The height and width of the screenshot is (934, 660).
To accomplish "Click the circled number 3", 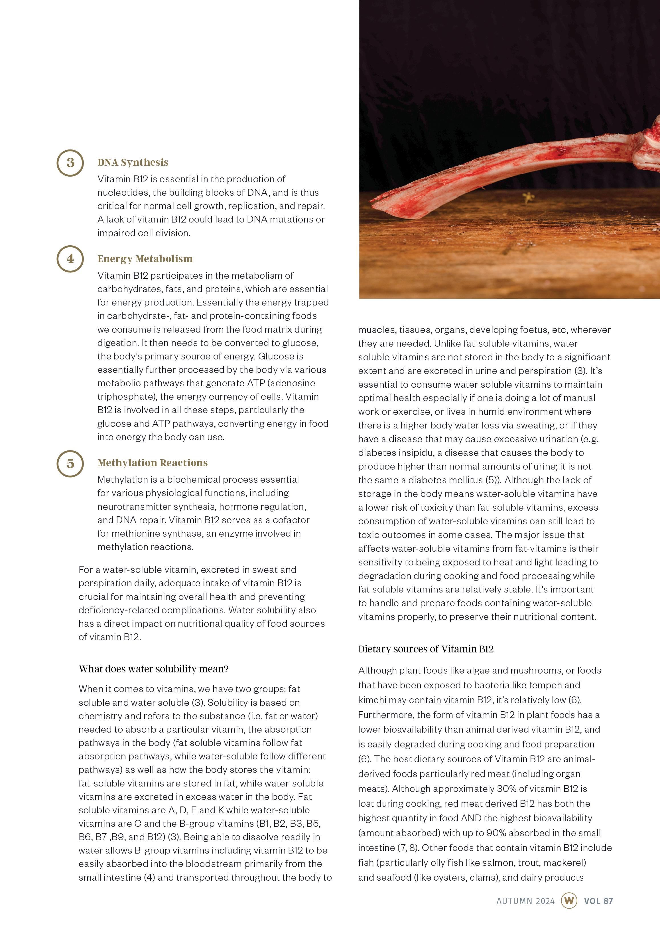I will point(70,163).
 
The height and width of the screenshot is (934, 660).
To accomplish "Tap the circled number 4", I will point(70,259).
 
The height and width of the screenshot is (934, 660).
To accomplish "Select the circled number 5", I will point(70,463).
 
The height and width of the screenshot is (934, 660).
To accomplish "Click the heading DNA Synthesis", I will point(133,162).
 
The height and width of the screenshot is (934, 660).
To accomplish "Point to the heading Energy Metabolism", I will point(145,259).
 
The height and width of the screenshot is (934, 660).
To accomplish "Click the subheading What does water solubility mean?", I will point(153,669).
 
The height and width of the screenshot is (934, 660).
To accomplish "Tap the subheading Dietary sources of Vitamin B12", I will point(425,649).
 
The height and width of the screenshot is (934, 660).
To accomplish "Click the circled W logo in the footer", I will point(569,901).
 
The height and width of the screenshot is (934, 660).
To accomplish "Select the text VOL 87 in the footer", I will point(598,901).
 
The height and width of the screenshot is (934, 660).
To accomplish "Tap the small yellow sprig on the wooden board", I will point(528,198).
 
